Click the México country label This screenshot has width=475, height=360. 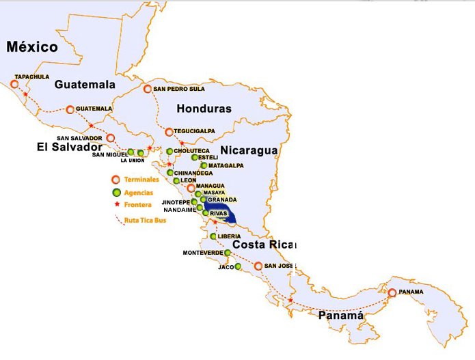32,47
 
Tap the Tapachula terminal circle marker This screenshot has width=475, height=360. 15,84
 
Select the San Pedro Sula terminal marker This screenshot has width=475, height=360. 148,89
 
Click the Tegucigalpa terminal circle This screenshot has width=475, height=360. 169,131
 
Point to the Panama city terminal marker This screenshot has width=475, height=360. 392,292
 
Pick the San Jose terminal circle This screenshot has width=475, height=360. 258,266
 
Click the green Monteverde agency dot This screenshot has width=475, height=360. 228,253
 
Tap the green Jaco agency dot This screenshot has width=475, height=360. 238,266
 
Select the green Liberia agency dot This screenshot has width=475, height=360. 213,236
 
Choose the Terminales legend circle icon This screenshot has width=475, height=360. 116,180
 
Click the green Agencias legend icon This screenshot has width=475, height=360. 116,192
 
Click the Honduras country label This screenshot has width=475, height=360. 204,109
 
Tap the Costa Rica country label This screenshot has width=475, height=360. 262,245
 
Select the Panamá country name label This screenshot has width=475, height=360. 340,316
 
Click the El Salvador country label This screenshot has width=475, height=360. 70,147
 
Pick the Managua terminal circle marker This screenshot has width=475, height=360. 191,186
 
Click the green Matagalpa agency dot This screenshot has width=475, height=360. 204,165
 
